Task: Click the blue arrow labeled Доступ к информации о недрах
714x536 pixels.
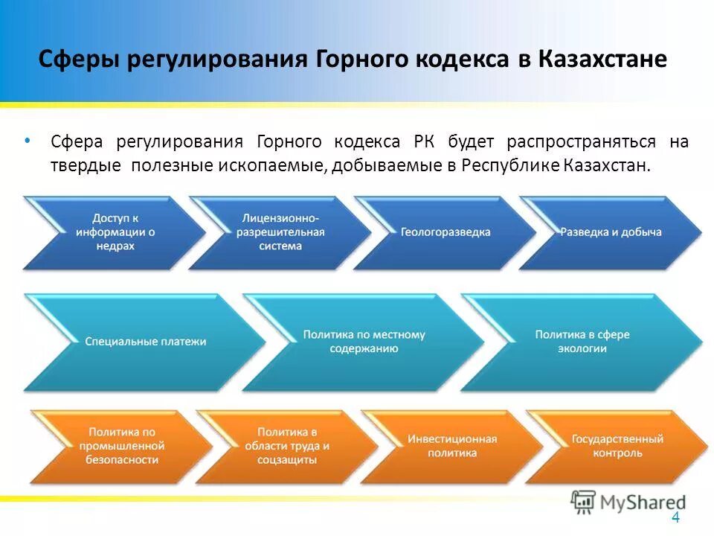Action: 115,232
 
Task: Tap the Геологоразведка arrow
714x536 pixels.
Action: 445,232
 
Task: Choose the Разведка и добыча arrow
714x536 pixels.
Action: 610,232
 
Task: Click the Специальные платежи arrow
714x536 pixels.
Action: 145,342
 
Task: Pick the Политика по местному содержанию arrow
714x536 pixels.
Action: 363,342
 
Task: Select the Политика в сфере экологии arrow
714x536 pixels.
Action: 582,342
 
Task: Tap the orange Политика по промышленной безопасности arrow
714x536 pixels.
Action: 121,445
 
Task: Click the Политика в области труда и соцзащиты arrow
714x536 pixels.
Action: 286,445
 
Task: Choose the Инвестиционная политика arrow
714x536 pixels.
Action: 451,445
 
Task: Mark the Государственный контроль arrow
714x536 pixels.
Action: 617,445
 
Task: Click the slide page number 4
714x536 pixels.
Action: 675,519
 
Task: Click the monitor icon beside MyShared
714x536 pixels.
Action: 584,502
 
